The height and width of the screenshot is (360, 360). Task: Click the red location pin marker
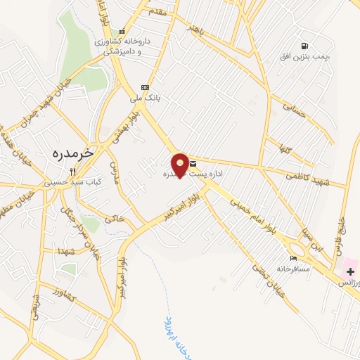click(x=181, y=165)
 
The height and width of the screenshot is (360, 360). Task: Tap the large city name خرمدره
click(x=72, y=153)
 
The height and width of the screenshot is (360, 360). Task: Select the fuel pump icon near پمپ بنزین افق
click(x=304, y=45)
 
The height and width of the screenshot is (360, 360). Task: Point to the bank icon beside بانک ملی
click(x=145, y=87)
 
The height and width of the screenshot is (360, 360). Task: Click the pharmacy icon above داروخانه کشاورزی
click(x=122, y=31)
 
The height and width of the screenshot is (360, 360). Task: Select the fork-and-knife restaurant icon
click(x=72, y=170)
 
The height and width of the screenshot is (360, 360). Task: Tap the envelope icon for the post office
click(x=193, y=164)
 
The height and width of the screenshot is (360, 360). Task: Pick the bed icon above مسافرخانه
click(x=293, y=258)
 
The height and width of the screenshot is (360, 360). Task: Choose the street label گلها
click(x=285, y=148)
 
